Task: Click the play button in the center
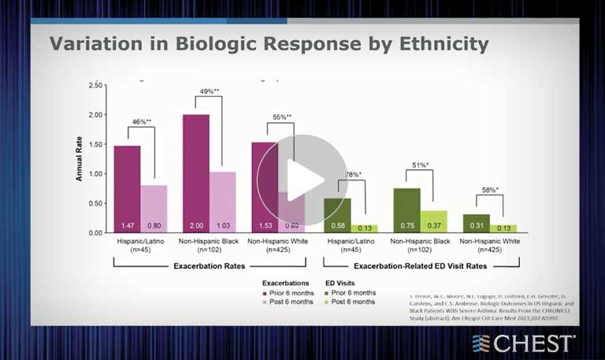(x=291, y=180)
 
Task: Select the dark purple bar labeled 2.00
(x=195, y=173)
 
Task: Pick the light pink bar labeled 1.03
(x=222, y=202)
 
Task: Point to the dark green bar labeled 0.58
(x=337, y=215)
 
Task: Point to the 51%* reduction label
(x=420, y=165)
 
